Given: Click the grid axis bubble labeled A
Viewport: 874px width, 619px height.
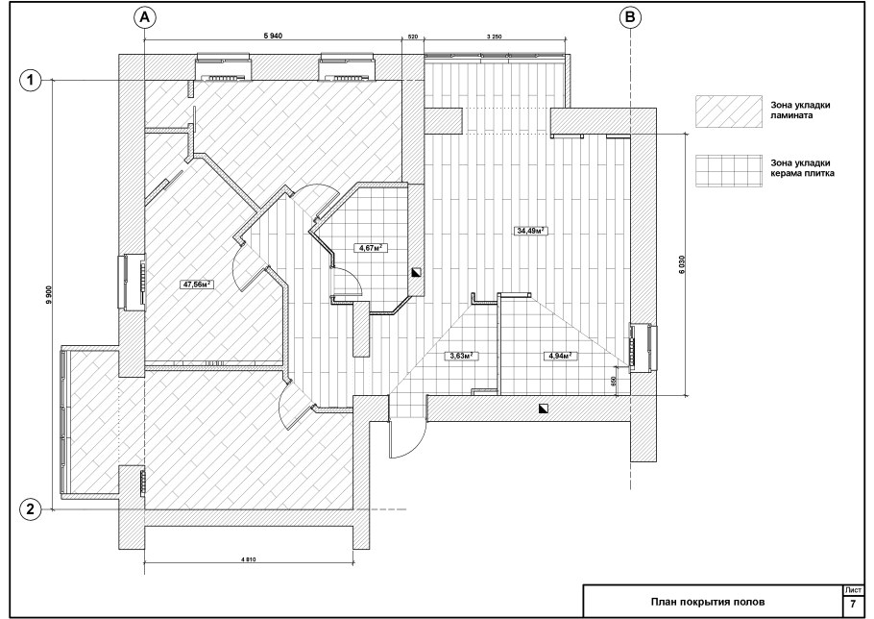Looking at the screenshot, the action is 144,18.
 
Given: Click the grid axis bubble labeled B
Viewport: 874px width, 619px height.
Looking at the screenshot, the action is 630,18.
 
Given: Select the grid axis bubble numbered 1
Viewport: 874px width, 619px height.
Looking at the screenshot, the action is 31,81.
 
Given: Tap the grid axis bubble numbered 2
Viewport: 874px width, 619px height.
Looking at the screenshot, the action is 31,509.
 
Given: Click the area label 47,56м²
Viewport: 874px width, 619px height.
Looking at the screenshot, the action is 197,285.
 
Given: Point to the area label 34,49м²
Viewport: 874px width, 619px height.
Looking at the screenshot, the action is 530,231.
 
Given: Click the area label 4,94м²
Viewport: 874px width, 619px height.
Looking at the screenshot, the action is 560,356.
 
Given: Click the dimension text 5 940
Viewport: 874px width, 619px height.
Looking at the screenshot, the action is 273,37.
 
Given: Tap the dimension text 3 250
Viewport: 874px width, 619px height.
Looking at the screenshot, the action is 495,37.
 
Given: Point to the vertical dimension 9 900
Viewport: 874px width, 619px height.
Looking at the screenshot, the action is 49,294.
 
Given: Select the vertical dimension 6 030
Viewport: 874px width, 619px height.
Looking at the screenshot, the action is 682,264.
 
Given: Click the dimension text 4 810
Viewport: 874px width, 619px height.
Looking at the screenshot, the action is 248,559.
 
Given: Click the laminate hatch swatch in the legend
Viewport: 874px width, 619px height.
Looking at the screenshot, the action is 728,111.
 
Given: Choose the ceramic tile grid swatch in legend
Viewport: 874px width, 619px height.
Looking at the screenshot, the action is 728,170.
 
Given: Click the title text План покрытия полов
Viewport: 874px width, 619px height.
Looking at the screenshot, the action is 708,602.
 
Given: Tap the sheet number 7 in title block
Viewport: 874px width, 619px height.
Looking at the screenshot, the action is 853,605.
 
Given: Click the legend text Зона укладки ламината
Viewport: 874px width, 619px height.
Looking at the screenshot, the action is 800,111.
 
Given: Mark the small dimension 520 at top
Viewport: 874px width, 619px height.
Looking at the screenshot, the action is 413,37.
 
